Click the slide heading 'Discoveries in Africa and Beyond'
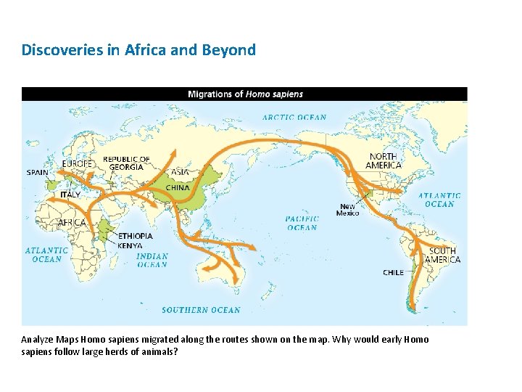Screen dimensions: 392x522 (x=138, y=50)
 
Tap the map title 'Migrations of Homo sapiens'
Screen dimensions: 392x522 (x=245, y=94)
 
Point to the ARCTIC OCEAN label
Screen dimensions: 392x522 (x=294, y=117)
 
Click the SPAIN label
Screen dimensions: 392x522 (x=38, y=173)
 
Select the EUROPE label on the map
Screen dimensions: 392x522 (x=78, y=164)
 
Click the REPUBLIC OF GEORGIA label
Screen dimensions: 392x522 (x=126, y=163)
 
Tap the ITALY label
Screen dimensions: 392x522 (x=70, y=195)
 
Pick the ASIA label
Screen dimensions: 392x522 (x=180, y=172)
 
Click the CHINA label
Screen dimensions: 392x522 (x=178, y=187)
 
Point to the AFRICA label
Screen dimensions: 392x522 (x=72, y=223)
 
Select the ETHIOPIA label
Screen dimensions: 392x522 (x=136, y=236)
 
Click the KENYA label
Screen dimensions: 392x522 (x=130, y=245)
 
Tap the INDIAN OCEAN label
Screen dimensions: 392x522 (x=152, y=260)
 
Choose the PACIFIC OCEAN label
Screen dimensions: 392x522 (x=302, y=223)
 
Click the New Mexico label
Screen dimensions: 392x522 (x=348, y=211)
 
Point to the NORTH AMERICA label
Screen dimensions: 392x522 (x=383, y=160)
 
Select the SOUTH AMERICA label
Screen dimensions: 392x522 (x=442, y=255)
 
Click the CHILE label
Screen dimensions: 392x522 (x=394, y=272)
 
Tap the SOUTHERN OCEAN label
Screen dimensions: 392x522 (x=201, y=310)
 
